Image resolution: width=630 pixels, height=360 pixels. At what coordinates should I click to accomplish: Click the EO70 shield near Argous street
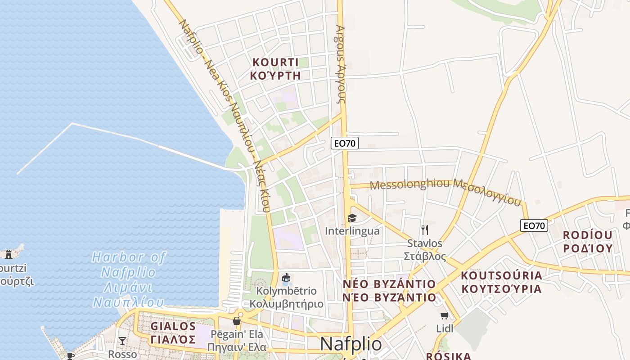click(344, 144)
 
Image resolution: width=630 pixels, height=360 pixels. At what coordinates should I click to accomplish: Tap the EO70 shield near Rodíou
click(534, 225)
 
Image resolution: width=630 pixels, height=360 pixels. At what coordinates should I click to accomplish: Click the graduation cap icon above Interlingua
click(352, 218)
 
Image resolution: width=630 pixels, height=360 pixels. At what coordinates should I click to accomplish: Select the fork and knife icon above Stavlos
click(424, 230)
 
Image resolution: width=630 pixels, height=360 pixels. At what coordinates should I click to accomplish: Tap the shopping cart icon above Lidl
click(445, 316)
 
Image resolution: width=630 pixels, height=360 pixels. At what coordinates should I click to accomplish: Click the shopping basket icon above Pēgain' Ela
click(237, 321)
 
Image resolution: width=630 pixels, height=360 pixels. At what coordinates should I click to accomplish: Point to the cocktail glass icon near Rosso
click(122, 341)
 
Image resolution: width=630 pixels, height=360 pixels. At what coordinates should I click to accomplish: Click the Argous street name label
click(340, 63)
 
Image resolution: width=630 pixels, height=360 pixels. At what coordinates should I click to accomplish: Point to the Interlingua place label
click(352, 231)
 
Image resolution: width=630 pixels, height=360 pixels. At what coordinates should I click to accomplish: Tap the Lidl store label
click(445, 328)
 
